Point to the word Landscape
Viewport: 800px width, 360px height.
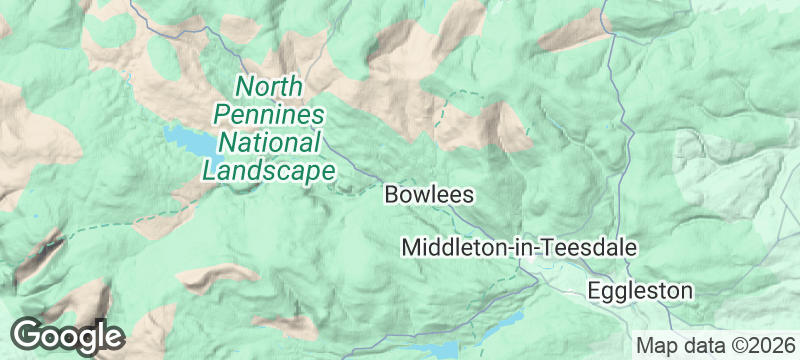268,170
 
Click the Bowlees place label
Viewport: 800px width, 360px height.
428,194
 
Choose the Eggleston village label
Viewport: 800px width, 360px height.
640,291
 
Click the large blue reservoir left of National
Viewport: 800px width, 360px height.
190,142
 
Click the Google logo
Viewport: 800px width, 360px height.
67,335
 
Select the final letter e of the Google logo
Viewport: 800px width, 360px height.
111,337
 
